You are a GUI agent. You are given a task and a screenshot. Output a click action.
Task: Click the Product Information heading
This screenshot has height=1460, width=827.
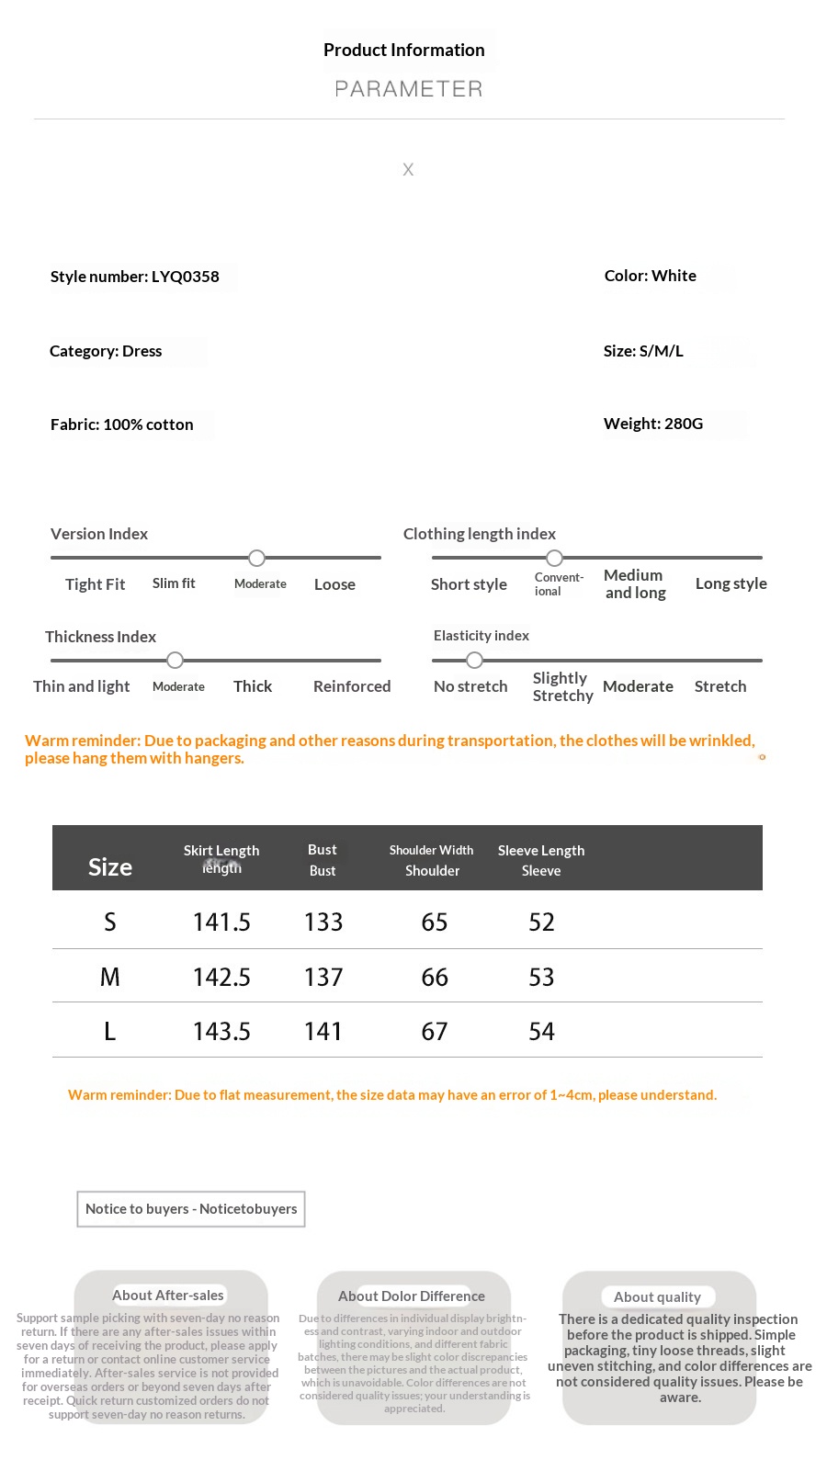(403, 51)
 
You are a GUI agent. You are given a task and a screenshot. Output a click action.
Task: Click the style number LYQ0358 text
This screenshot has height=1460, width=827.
(135, 277)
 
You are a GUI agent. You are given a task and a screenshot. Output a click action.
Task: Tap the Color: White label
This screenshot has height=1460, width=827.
(650, 276)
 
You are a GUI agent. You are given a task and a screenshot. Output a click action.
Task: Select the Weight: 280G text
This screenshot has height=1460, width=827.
(652, 424)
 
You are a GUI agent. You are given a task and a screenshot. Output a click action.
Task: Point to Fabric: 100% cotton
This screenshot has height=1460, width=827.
(121, 424)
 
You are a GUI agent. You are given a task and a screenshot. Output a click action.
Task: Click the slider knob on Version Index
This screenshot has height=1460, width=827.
(257, 558)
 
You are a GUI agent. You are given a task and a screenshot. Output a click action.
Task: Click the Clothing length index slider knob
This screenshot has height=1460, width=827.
(554, 558)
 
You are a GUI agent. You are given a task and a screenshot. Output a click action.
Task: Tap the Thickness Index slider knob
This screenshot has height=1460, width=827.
(176, 660)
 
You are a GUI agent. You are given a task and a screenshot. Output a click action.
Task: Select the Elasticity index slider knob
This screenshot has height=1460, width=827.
(474, 660)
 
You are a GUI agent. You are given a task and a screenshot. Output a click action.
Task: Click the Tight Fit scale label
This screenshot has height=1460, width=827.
(95, 584)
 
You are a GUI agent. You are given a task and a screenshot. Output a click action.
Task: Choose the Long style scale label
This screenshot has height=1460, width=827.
(731, 583)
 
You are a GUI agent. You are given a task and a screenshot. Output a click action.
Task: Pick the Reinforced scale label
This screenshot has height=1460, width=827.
(351, 686)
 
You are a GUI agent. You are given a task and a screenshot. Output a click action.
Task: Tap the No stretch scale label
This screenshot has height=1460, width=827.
(470, 686)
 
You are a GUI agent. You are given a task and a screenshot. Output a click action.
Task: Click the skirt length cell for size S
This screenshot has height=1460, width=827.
(221, 922)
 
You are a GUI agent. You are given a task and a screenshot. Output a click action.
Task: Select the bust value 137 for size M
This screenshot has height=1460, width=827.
(323, 977)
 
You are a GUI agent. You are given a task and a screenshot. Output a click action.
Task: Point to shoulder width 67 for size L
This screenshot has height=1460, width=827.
(435, 1031)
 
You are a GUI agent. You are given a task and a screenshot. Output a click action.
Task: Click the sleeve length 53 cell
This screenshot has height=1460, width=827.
(541, 977)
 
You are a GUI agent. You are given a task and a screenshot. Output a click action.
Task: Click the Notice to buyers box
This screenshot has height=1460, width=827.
(191, 1209)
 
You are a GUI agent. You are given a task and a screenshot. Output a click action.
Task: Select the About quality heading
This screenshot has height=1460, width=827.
(657, 1296)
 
